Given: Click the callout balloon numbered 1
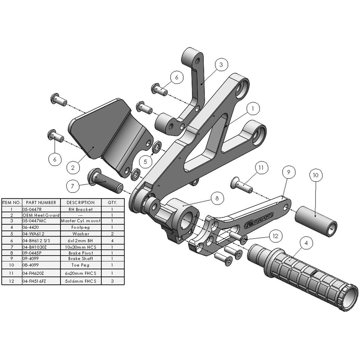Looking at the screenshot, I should click(x=253, y=108).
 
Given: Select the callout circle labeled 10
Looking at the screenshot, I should click(x=316, y=175).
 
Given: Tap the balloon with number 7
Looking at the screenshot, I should click(x=72, y=186).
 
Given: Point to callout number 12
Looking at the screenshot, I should click(x=275, y=236).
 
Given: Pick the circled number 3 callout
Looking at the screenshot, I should click(x=221, y=65).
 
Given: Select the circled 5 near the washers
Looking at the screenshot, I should click(x=145, y=162).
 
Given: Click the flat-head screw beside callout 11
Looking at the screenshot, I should click(x=241, y=184).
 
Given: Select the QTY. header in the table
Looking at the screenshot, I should click(x=113, y=202).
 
